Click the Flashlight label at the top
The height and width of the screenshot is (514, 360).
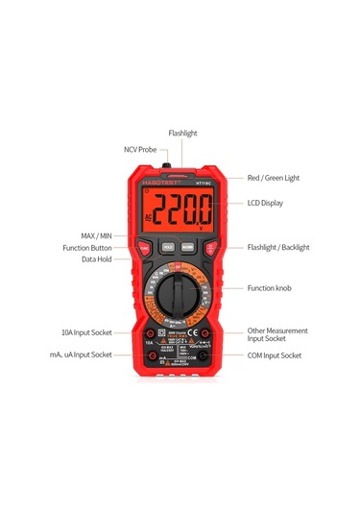(x=182, y=133)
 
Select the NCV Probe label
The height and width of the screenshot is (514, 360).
(x=139, y=150)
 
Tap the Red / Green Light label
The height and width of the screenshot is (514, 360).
(x=274, y=178)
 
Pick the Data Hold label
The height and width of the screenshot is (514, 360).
(x=106, y=259)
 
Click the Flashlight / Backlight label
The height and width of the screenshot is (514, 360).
(x=278, y=247)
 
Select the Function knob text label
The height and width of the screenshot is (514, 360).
(x=269, y=287)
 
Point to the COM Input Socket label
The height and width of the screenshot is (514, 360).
(x=275, y=355)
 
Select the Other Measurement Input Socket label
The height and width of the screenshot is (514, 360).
(x=278, y=333)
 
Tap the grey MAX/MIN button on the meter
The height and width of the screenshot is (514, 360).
(x=189, y=246)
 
